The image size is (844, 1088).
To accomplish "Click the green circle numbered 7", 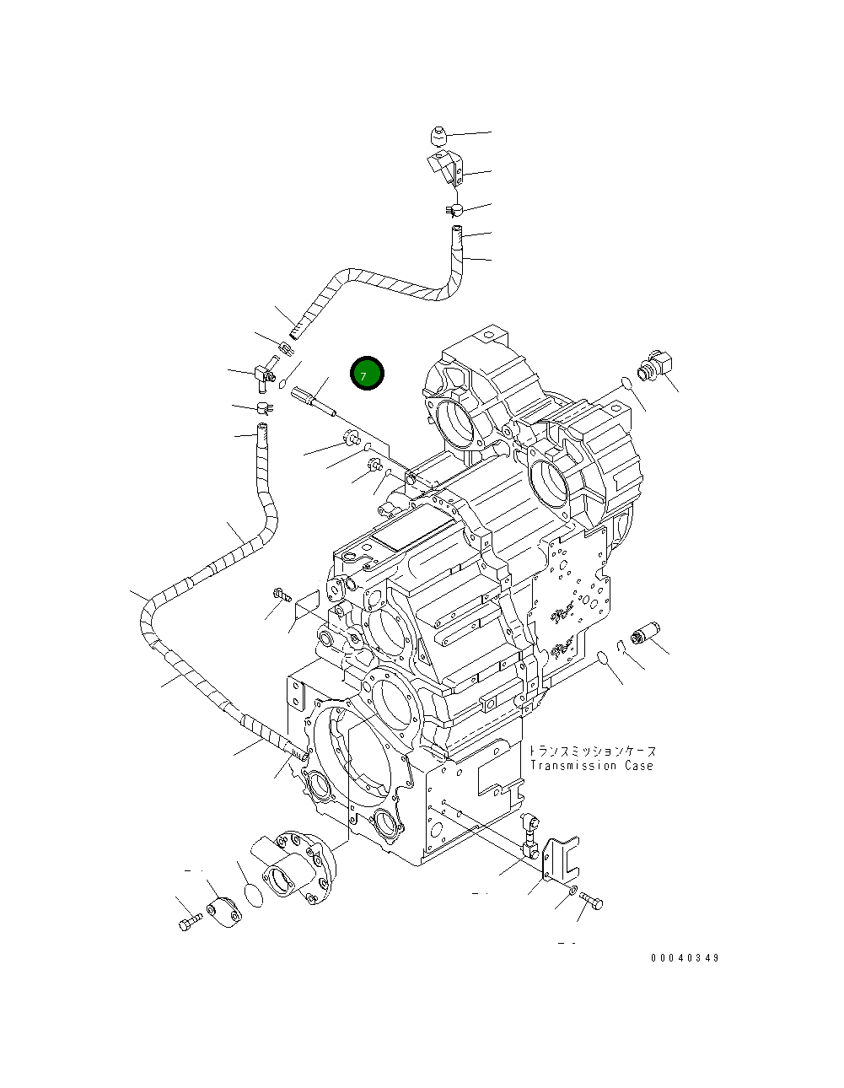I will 367,374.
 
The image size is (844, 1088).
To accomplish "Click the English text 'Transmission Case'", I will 591,766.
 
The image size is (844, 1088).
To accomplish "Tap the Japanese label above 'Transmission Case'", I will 593,751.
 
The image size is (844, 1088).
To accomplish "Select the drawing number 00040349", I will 685,958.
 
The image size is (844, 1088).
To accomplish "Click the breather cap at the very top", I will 438,135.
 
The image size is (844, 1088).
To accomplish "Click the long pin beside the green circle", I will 314,401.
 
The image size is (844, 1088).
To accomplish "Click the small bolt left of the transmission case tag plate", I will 281,595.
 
